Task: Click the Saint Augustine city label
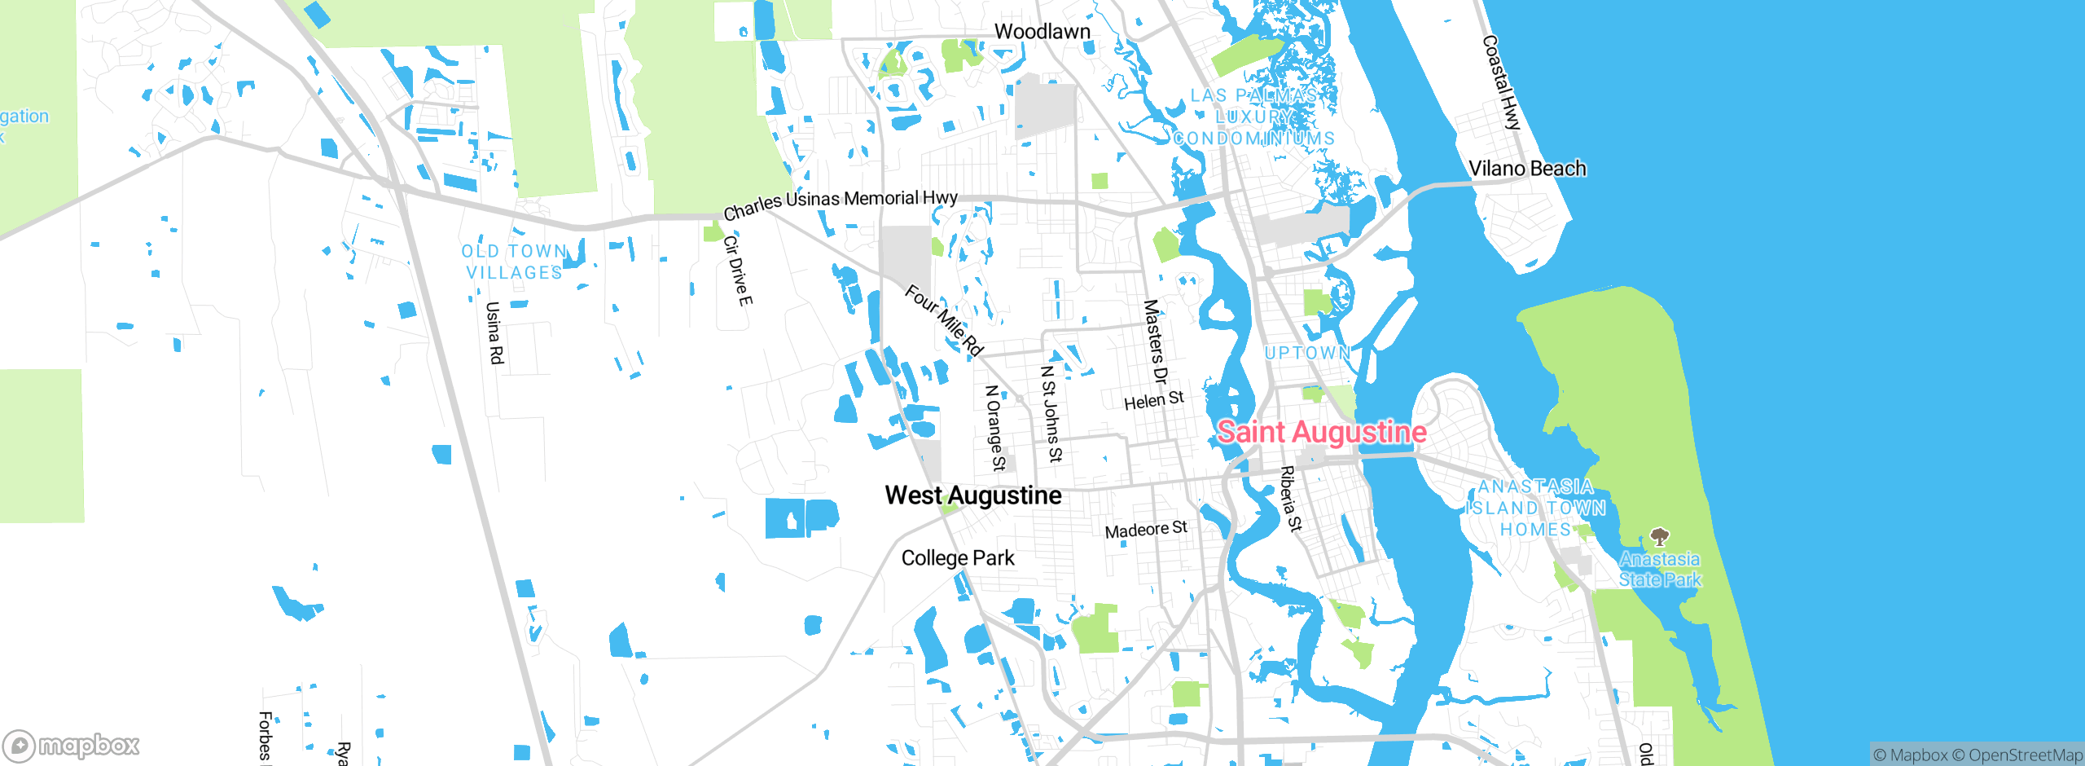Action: coord(1321,432)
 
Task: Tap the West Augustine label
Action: coord(973,495)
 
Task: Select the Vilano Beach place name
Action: coord(1527,169)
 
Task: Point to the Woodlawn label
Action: coord(1042,32)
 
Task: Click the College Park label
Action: coord(958,558)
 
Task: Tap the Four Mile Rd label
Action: coord(944,320)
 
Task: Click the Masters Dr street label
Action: coord(1155,341)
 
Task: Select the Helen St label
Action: coord(1153,400)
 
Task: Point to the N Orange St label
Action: coord(995,428)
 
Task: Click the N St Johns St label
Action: coord(1051,413)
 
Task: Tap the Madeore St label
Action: coord(1146,530)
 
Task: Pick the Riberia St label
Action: coord(1291,499)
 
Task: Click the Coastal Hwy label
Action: coord(1501,82)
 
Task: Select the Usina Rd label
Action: coord(494,332)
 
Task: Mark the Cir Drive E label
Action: coord(738,271)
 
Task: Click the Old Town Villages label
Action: coord(514,262)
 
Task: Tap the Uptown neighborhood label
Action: coord(1307,353)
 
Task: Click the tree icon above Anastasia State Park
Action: coord(1659,536)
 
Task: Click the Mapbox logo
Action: coord(72,745)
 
